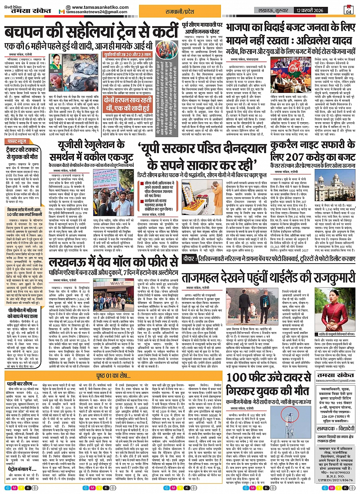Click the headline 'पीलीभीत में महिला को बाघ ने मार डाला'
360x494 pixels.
point(24,315)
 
